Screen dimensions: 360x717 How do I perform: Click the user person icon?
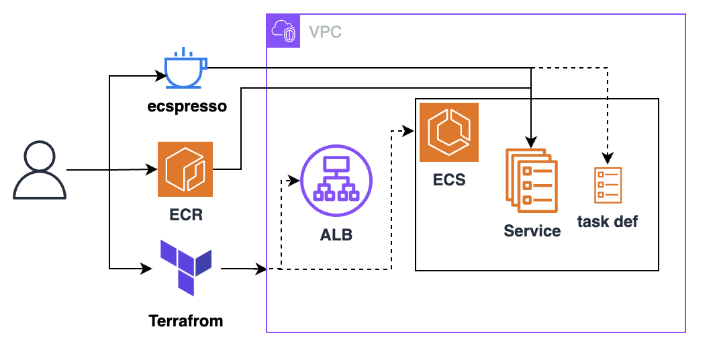pos(40,171)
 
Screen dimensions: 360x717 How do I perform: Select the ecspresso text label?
pos(187,106)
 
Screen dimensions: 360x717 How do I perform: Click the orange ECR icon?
pos(185,169)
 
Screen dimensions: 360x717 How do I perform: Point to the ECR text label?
pos(186,216)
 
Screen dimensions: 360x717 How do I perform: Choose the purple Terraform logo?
pos(186,266)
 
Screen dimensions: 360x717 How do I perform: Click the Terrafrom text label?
pos(186,320)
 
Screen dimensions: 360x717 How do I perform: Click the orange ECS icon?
pos(449,132)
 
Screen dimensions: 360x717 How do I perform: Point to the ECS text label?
pos(449,180)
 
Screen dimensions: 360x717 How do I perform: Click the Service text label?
pos(532,230)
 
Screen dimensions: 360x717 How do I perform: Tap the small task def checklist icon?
pos(608,185)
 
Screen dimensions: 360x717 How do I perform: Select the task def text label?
pos(608,222)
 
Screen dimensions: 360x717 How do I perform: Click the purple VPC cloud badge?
pos(283,31)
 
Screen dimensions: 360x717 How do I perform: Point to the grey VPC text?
pos(324,32)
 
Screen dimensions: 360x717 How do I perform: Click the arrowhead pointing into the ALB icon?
pos(293,181)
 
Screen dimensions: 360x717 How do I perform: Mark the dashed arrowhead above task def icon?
pos(608,160)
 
